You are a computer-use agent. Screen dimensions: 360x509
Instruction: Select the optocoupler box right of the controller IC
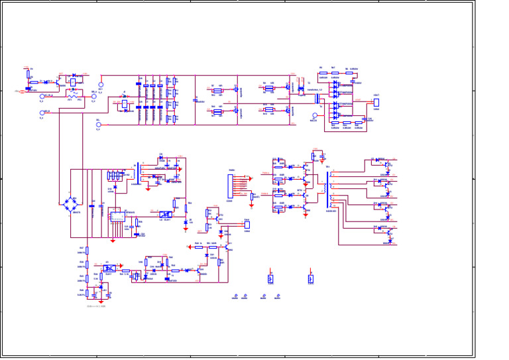(x=165, y=214)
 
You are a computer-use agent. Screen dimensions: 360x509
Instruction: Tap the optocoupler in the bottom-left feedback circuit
(x=109, y=269)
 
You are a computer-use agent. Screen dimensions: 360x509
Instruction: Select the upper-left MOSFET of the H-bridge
(x=237, y=88)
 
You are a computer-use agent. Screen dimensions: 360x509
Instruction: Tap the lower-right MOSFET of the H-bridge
(x=290, y=110)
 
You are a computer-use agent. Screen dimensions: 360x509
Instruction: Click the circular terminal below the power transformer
(x=314, y=115)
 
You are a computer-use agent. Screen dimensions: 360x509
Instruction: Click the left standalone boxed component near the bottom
(x=270, y=278)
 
